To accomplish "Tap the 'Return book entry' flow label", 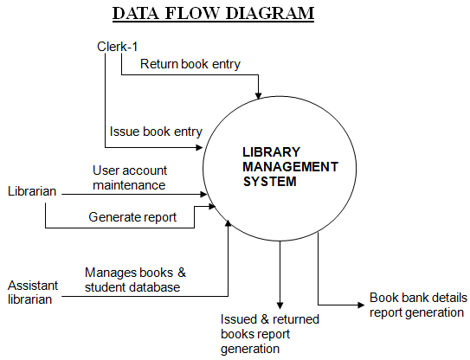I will coord(190,63).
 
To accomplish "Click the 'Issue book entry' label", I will coord(156,132).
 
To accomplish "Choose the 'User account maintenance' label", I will coord(129,177).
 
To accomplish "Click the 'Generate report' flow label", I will coord(132,217).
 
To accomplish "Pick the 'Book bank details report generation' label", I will coord(418,305).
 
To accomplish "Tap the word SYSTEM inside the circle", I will coord(269,183).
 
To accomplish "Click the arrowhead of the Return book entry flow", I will coord(258,93).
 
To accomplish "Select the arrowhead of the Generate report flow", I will coord(214,207).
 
